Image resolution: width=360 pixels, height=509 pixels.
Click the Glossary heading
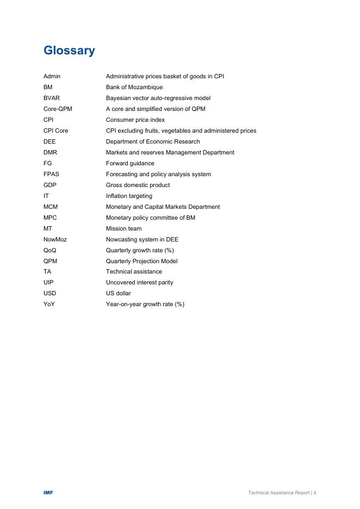[69, 51]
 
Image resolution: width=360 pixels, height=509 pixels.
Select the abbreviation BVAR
[52, 98]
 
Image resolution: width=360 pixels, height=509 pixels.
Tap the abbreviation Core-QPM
[58, 109]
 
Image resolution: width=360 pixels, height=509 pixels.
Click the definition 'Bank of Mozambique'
[134, 87]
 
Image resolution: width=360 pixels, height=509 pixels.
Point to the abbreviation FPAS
[51, 174]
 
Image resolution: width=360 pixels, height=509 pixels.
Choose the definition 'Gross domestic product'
[138, 185]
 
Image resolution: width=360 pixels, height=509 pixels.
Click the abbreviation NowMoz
[55, 239]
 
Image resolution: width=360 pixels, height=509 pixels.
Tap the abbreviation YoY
[49, 304]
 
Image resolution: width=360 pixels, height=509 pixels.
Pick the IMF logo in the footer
[48, 493]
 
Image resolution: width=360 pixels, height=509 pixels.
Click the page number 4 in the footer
[315, 493]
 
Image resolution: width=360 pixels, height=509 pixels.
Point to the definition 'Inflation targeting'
[129, 196]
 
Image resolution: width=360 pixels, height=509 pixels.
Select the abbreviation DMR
[50, 152]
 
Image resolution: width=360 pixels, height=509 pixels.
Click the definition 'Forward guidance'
[130, 163]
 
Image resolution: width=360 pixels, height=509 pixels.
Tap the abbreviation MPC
[50, 218]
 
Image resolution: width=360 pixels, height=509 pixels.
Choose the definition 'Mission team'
[123, 228]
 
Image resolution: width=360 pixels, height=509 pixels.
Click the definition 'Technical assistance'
[134, 271]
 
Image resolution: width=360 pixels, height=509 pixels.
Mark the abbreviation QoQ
[49, 250]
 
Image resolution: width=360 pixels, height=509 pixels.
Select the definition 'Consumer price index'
[135, 120]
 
